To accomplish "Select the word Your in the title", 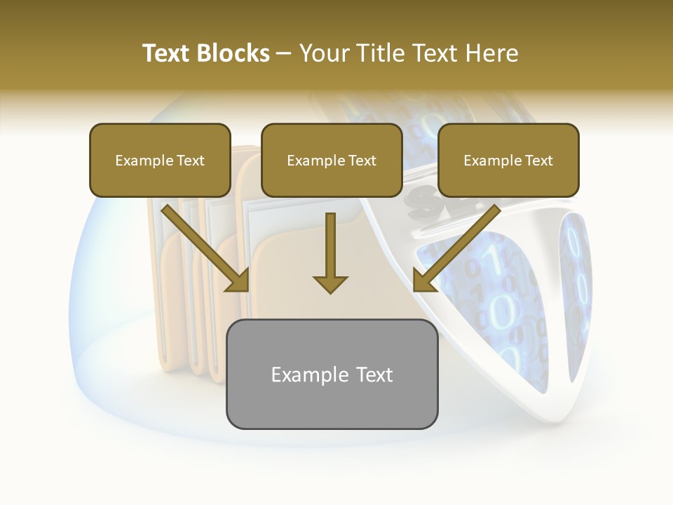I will click(322, 53).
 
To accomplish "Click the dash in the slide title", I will click(284, 54).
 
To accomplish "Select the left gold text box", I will click(160, 160).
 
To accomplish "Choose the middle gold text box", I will click(332, 160).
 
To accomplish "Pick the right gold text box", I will click(508, 160).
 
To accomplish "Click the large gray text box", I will click(332, 374).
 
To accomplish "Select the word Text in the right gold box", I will click(538, 161).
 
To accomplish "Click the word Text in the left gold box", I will click(190, 161).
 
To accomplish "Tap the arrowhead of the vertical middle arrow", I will click(330, 283).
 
